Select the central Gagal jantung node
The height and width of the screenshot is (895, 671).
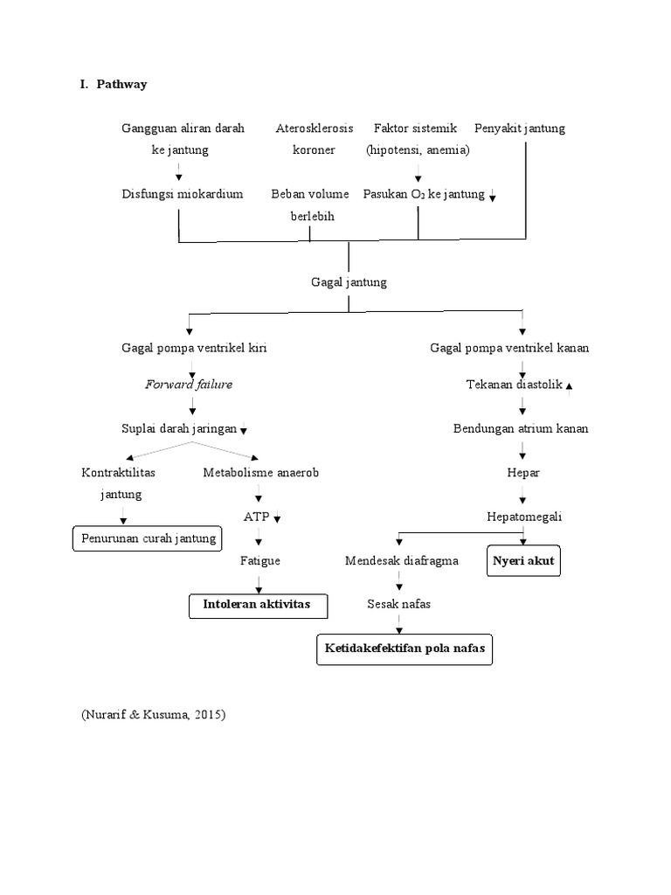pos(349,282)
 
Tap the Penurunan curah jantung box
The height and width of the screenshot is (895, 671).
pos(148,538)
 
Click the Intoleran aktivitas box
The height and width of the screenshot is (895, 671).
pos(250,605)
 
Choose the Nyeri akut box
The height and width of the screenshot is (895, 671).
pos(523,561)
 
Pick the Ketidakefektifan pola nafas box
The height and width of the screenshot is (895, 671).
pos(403,649)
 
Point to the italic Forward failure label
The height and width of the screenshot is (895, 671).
pos(189,384)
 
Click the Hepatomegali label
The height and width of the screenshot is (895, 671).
pos(524,517)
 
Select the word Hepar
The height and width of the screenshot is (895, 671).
pos(523,472)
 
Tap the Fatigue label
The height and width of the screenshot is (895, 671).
pos(260,560)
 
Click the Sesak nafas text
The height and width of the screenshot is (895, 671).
pos(399,604)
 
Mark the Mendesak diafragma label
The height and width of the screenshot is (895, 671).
pos(401,560)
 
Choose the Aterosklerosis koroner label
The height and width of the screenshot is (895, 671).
pos(315,139)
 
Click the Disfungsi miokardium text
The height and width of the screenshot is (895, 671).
pos(183,193)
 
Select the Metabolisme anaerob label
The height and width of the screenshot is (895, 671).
pos(261,472)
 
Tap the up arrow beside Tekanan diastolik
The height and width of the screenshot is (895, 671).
pos(570,385)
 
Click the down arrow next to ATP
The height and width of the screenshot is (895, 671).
pos(278,518)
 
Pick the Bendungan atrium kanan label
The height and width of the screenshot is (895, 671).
pos(521,428)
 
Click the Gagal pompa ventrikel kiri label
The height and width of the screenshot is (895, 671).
pos(194,347)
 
